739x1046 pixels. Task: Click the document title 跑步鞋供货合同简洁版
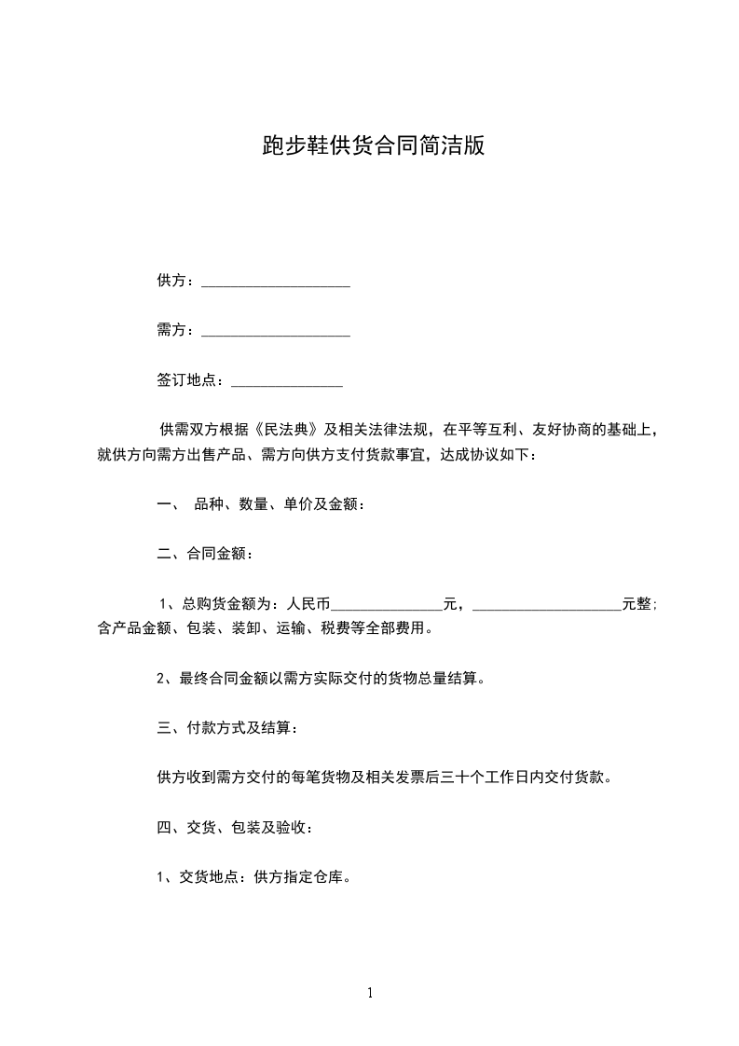pyautogui.click(x=373, y=147)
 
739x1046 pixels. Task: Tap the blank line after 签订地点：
pyautogui.click(x=286, y=382)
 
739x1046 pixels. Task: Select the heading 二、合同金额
pyautogui.click(x=204, y=554)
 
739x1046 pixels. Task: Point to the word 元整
pyautogui.click(x=637, y=603)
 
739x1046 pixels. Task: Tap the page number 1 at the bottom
pyautogui.click(x=370, y=994)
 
